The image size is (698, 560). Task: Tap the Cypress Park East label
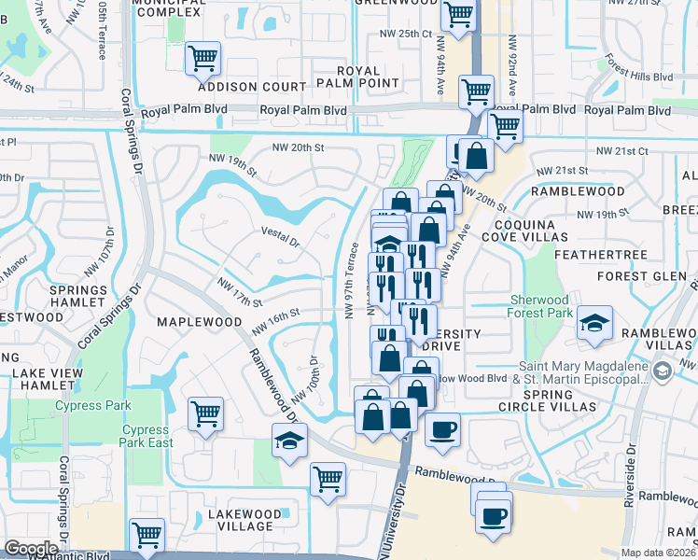click(x=146, y=436)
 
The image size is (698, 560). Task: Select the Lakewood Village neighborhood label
click(x=244, y=520)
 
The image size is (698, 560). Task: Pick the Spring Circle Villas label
click(x=547, y=400)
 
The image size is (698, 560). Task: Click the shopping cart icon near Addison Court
click(x=202, y=59)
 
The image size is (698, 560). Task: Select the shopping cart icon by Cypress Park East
click(x=205, y=413)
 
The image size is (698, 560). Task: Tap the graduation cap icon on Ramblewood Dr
click(x=290, y=440)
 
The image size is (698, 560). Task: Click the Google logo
click(x=31, y=549)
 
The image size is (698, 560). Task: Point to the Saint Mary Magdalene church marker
click(x=662, y=372)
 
